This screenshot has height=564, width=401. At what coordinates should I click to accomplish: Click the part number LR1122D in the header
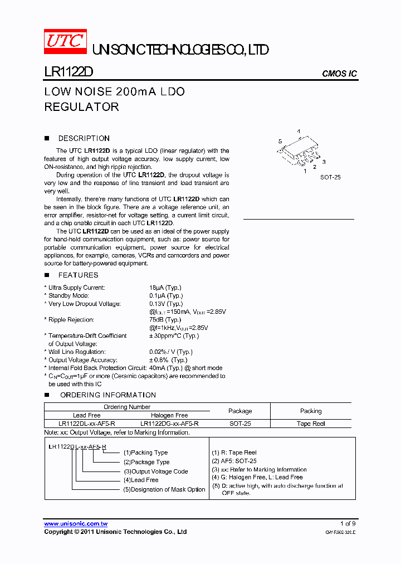pyautogui.click(x=69, y=72)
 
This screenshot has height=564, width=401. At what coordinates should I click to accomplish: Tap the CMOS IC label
pyautogui.click(x=340, y=74)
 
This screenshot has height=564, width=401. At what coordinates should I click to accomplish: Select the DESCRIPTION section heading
pyautogui.click(x=84, y=138)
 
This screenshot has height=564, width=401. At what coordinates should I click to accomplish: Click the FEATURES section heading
pyautogui.click(x=78, y=275)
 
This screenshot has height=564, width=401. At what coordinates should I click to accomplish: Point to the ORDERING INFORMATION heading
pyautogui.click(x=107, y=395)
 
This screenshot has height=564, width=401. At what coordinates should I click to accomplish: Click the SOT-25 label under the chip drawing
pyautogui.click(x=330, y=177)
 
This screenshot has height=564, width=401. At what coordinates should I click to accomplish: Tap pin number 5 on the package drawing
pyautogui.click(x=281, y=142)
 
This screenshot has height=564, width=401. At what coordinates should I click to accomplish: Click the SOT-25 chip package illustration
pyautogui.click(x=301, y=152)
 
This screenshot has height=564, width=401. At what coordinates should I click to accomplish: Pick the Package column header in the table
pyautogui.click(x=240, y=411)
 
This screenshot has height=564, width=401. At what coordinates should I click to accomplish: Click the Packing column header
pyautogui.click(x=311, y=411)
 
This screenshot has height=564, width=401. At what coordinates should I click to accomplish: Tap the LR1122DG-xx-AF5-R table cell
pyautogui.click(x=169, y=424)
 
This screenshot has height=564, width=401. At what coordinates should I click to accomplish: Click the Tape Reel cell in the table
pyautogui.click(x=311, y=424)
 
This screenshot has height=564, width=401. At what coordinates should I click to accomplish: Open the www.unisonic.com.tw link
pyautogui.click(x=76, y=524)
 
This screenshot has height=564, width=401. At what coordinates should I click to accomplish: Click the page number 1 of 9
pyautogui.click(x=348, y=524)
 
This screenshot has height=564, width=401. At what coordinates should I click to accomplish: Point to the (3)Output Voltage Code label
pyautogui.click(x=155, y=471)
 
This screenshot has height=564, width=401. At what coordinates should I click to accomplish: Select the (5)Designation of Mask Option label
pyautogui.click(x=164, y=489)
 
